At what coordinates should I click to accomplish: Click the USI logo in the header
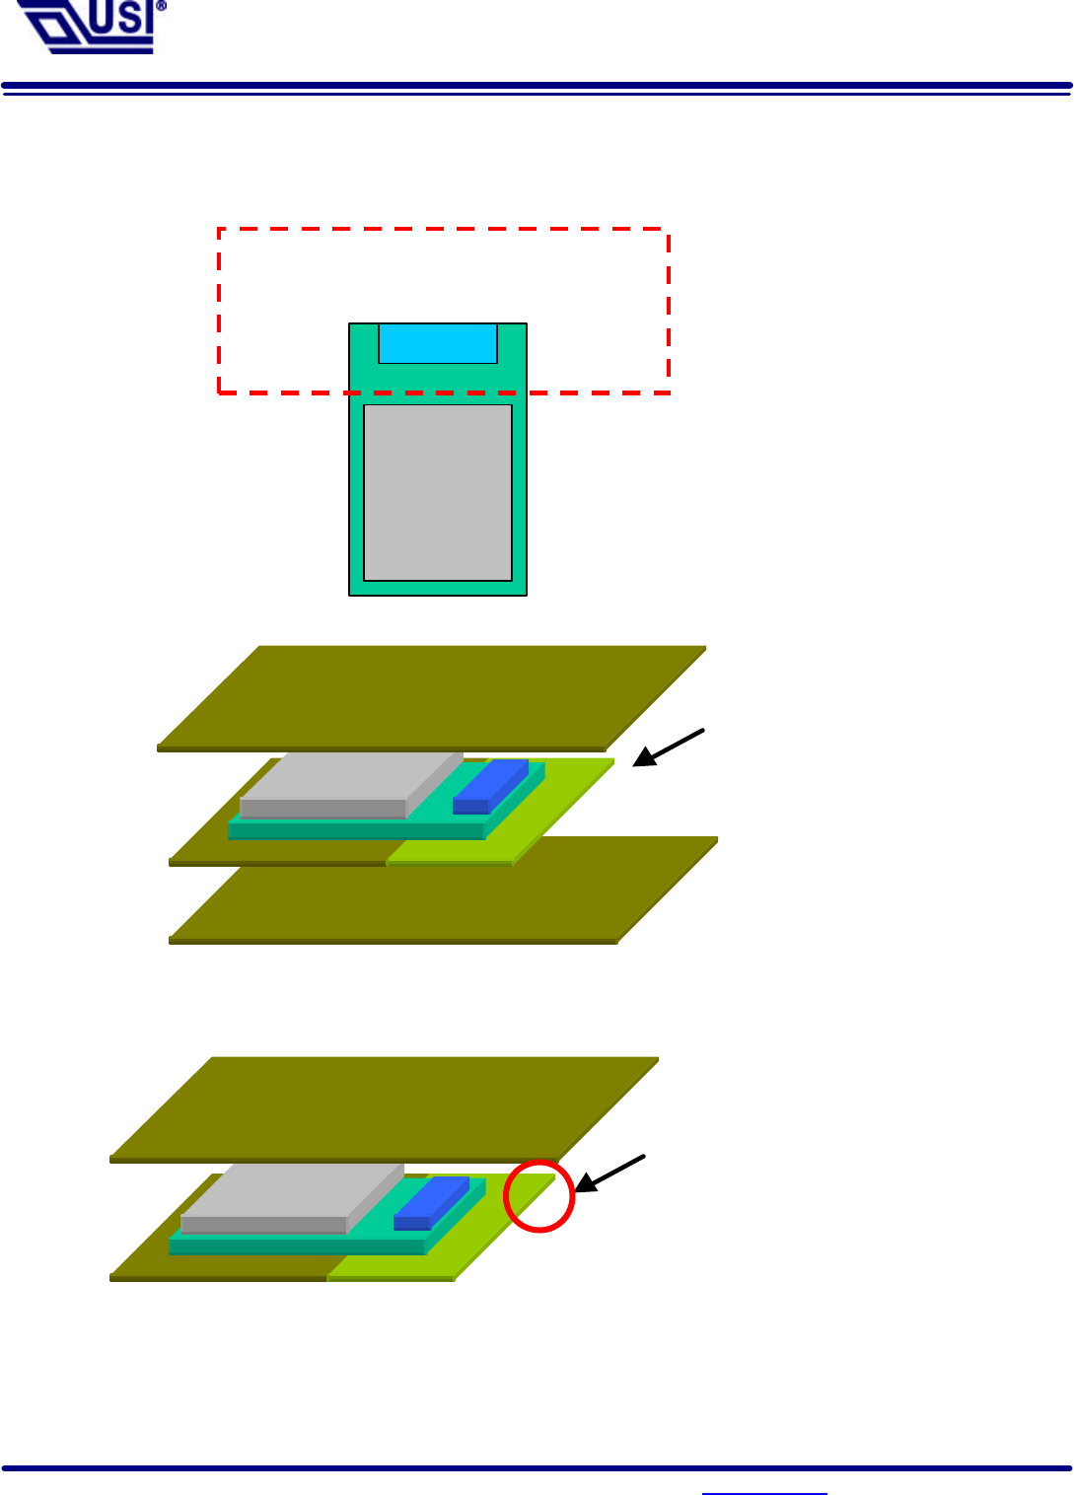(x=87, y=27)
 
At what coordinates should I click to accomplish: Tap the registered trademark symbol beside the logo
(x=161, y=6)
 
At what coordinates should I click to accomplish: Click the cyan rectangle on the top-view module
(x=438, y=342)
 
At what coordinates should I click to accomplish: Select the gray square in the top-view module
(x=438, y=492)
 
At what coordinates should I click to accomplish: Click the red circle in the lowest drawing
(x=538, y=1195)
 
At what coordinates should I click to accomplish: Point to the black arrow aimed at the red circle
(x=609, y=1173)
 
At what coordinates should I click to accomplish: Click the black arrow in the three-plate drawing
(x=669, y=747)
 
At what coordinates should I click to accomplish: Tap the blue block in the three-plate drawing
(x=491, y=785)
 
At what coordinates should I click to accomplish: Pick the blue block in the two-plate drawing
(x=432, y=1202)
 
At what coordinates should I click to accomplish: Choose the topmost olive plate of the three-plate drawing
(x=432, y=695)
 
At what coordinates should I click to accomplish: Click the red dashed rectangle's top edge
(x=444, y=230)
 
